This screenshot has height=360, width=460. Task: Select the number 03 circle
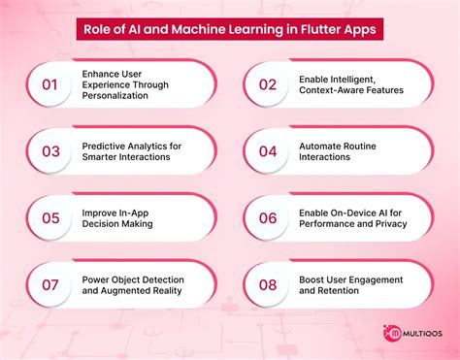(50, 150)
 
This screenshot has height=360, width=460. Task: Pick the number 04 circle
(267, 150)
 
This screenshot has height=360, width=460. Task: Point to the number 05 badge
(50, 218)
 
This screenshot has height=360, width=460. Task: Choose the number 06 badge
(267, 218)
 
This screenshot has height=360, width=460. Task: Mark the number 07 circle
(50, 286)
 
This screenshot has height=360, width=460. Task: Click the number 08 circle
(267, 286)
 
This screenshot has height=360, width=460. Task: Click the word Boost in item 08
(313, 279)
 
